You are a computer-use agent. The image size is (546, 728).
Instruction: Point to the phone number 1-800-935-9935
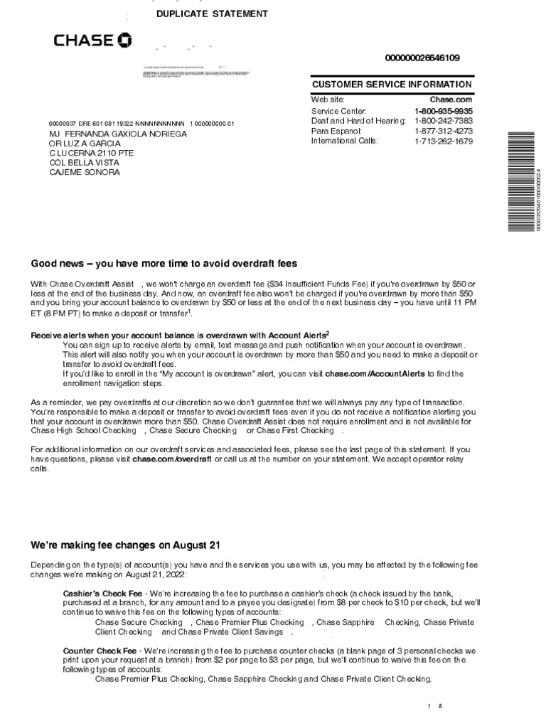pyautogui.click(x=444, y=112)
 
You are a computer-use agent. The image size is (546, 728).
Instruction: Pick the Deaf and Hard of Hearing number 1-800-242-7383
pyautogui.click(x=444, y=121)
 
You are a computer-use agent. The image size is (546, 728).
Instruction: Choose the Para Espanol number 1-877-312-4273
pyautogui.click(x=444, y=131)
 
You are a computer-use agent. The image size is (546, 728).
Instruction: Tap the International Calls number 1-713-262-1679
pyautogui.click(x=444, y=141)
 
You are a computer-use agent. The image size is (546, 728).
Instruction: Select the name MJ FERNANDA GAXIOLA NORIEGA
pyautogui.click(x=117, y=134)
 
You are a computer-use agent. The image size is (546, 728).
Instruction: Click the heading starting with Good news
pyautogui.click(x=164, y=264)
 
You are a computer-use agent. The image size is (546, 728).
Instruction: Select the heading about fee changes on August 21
pyautogui.click(x=125, y=545)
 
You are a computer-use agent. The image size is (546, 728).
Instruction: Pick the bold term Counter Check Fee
pyautogui.click(x=101, y=651)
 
